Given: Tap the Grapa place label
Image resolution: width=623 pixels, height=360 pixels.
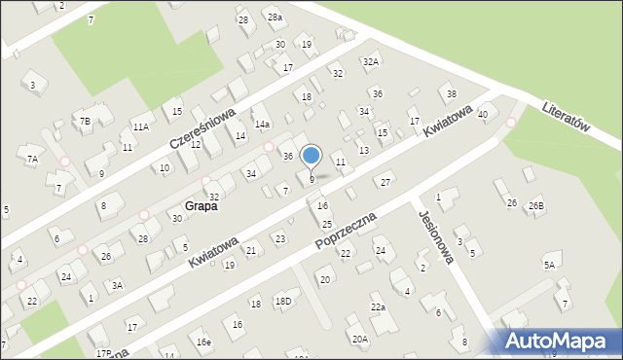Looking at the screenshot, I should tap(199, 206).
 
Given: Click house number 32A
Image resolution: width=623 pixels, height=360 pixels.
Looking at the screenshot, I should tap(371, 61).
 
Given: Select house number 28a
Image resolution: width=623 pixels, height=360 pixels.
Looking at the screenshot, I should tap(275, 18).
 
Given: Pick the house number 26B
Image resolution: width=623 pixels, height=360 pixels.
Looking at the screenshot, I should tap(536, 206).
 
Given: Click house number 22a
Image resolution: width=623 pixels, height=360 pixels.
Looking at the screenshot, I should tap(378, 307).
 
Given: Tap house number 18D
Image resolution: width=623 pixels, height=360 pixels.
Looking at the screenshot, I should tap(282, 302).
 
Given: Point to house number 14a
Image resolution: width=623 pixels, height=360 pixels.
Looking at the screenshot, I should tap(262, 125).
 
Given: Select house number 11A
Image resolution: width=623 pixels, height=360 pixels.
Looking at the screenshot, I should tap(141, 126).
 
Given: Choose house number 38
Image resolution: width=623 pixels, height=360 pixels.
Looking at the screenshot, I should tap(451, 93).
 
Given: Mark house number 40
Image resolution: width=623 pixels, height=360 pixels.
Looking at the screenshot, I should tap(483, 115).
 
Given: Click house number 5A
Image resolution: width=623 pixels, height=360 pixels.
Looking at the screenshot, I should tap(550, 265).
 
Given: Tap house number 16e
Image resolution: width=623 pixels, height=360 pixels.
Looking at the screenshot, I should tap(202, 342).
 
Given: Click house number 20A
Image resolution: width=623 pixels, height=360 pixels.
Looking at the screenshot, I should tap(360, 340).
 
